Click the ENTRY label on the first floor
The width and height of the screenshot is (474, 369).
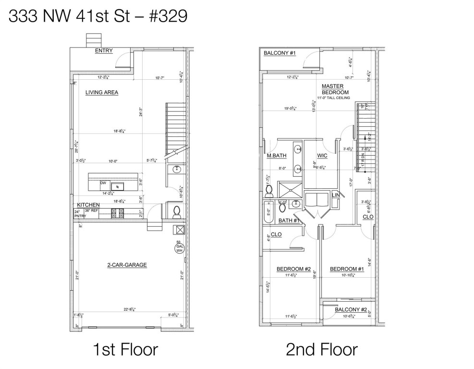[x=104, y=50]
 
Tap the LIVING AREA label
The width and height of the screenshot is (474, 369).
[x=102, y=92]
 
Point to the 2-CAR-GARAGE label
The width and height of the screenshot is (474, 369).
[x=127, y=265]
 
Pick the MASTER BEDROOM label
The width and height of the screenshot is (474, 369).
[x=335, y=89]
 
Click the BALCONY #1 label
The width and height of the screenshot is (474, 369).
[x=279, y=53]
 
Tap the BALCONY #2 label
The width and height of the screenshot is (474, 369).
[x=351, y=309]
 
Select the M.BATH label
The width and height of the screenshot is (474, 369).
[x=277, y=156]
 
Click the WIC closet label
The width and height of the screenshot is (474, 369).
[x=322, y=156]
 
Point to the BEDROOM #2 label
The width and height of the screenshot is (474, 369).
[x=294, y=269]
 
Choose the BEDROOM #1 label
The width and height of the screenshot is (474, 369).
[x=347, y=269]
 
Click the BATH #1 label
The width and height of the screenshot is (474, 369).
[x=290, y=221]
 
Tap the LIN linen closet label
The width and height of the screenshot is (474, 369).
[x=335, y=195]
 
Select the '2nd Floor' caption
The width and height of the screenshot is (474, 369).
[x=321, y=349]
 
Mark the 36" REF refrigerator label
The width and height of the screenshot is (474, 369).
[x=91, y=210]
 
